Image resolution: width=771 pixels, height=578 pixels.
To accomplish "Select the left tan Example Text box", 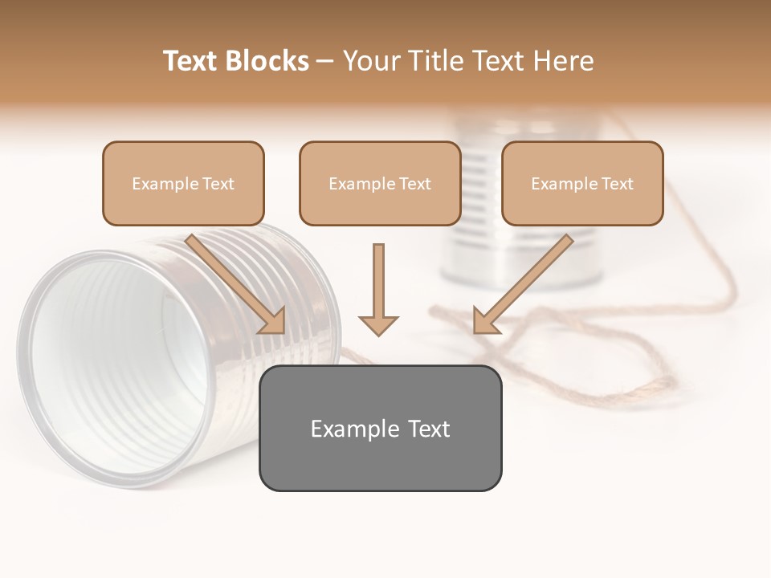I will pyautogui.click(x=183, y=184).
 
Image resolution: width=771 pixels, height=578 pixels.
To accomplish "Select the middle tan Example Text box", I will pyautogui.click(x=380, y=184).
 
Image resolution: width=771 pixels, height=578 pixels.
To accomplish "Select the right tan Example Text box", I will pyautogui.click(x=582, y=184).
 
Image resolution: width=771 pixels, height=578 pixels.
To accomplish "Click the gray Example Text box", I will pyautogui.click(x=380, y=428).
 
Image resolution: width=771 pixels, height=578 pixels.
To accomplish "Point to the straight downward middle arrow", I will pyautogui.click(x=378, y=281).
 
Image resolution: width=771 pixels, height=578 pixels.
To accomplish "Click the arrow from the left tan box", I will pyautogui.click(x=237, y=285).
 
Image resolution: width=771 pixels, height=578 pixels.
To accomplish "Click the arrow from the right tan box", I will pyautogui.click(x=522, y=285).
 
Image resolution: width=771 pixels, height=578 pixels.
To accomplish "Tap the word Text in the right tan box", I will pyautogui.click(x=618, y=184).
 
